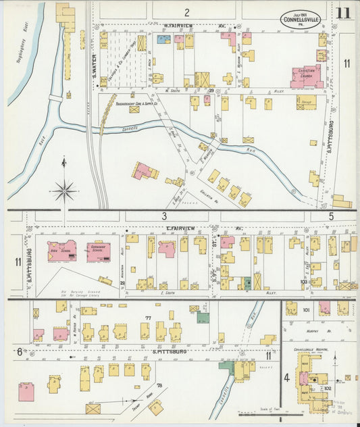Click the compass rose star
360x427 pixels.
pyautogui.click(x=65, y=191)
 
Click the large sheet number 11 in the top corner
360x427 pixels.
pyautogui.click(x=342, y=14)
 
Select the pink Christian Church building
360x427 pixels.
pyautogui.click(x=306, y=76)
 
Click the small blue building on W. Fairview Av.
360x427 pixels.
pyautogui.click(x=163, y=39)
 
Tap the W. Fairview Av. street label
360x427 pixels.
pyautogui.click(x=184, y=28)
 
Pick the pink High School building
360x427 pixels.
pyautogui.click(x=61, y=250)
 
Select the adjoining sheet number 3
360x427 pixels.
pyautogui.click(x=163, y=216)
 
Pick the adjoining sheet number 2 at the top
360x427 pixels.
pyautogui.click(x=186, y=12)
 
